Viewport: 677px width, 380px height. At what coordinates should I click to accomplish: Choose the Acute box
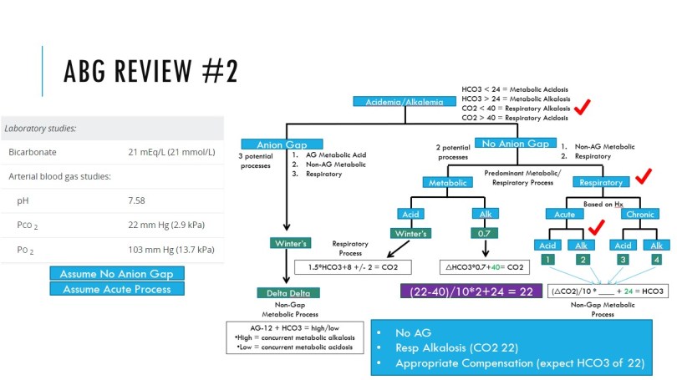tap(565, 213)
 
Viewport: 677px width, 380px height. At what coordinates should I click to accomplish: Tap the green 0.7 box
tap(484, 233)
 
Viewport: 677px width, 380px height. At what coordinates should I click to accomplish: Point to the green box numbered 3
tap(622, 260)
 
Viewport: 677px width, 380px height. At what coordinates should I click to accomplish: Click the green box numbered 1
tap(547, 260)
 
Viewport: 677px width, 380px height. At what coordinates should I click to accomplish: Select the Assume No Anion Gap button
tap(116, 274)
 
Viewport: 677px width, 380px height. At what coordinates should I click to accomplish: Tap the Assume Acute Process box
tap(116, 289)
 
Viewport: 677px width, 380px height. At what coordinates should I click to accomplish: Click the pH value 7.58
tap(137, 201)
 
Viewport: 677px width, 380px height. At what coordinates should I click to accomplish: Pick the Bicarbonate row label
tap(34, 152)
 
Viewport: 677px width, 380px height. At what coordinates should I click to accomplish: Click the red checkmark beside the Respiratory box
tap(644, 176)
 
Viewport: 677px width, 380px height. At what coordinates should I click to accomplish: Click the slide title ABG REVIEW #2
tap(150, 71)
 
